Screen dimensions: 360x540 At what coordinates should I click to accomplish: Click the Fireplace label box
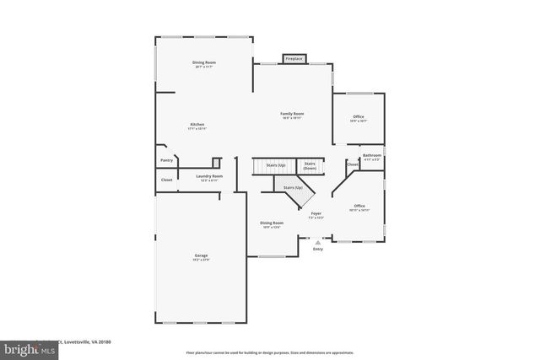[294, 59]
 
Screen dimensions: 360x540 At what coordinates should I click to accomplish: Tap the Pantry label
[166, 159]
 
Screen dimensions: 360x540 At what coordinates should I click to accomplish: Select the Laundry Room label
[208, 177]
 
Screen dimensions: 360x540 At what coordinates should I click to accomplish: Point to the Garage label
[202, 255]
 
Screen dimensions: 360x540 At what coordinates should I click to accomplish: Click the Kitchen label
[197, 126]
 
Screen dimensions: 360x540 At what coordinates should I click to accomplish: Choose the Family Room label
[292, 114]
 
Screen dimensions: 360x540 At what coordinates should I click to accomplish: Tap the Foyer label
[316, 214]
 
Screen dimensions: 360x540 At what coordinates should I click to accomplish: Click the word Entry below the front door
[318, 249]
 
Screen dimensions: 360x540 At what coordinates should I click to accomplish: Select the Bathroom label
[372, 156]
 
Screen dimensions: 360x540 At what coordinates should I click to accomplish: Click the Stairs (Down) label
[310, 167]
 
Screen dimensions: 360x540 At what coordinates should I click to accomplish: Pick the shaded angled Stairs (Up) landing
[293, 189]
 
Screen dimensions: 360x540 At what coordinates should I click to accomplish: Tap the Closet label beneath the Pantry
[166, 179]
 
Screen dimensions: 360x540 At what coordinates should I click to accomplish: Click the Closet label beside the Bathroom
[353, 164]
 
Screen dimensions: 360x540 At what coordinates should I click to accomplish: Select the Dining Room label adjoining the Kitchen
[204, 63]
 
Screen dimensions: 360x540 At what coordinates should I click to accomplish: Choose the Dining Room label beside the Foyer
[271, 223]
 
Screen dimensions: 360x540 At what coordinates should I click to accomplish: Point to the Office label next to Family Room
[359, 118]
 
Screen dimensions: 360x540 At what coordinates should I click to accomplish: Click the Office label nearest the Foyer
[359, 207]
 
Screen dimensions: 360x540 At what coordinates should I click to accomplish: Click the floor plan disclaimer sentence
[270, 352]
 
